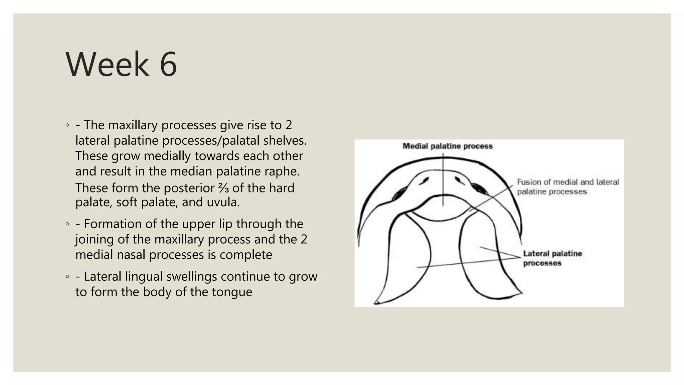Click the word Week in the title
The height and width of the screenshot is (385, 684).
[107, 64]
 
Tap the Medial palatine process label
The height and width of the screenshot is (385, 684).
[448, 146]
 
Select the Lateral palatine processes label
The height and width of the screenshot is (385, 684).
[552, 258]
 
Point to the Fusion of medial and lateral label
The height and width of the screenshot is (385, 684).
[568, 182]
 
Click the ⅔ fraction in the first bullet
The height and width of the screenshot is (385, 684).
[223, 188]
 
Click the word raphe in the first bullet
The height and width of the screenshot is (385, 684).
[284, 171]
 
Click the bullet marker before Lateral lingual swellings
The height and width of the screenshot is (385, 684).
[67, 277]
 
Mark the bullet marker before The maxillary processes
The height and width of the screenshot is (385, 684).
[67, 125]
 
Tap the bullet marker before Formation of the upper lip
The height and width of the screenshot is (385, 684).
[67, 224]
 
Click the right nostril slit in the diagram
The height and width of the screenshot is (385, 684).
[460, 180]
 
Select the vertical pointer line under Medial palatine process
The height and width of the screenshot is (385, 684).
[443, 180]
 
